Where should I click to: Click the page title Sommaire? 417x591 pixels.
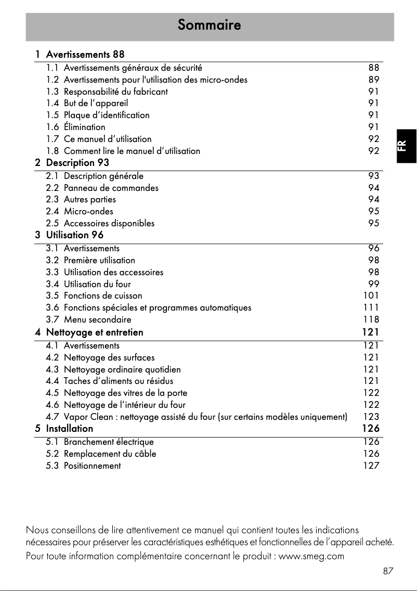(x=209, y=24)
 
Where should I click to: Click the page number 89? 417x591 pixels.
(x=373, y=80)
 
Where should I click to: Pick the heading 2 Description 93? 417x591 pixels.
(x=72, y=163)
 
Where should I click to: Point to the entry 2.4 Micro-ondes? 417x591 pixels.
(x=80, y=211)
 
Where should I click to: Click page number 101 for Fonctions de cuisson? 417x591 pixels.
(x=371, y=296)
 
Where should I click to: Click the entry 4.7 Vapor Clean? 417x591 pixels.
(x=197, y=417)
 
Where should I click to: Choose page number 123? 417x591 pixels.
(x=371, y=417)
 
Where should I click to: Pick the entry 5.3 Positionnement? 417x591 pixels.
(x=83, y=466)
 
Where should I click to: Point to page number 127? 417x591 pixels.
(x=371, y=466)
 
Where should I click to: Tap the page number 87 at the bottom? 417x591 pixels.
(x=388, y=571)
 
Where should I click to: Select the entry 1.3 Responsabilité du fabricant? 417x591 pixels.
(x=107, y=92)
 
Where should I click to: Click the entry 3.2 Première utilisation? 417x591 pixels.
(x=90, y=260)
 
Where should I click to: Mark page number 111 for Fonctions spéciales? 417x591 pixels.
(x=371, y=307)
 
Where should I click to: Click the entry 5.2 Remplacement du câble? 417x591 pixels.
(x=101, y=454)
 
